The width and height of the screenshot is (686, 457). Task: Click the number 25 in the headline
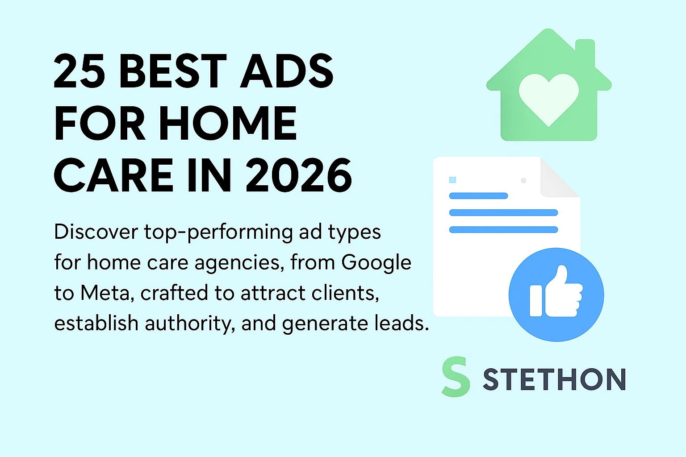79,71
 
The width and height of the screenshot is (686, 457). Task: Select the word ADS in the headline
287,71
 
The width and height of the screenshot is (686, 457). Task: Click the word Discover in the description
96,232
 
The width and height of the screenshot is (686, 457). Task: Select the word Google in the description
376,262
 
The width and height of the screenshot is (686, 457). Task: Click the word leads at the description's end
399,324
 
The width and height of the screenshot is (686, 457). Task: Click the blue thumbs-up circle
556,295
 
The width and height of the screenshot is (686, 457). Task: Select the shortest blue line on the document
478,195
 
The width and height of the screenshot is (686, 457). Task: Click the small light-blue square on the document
452,180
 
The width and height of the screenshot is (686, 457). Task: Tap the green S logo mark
456,377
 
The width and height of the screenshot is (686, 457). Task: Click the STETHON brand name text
554,380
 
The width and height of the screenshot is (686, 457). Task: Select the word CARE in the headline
114,175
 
